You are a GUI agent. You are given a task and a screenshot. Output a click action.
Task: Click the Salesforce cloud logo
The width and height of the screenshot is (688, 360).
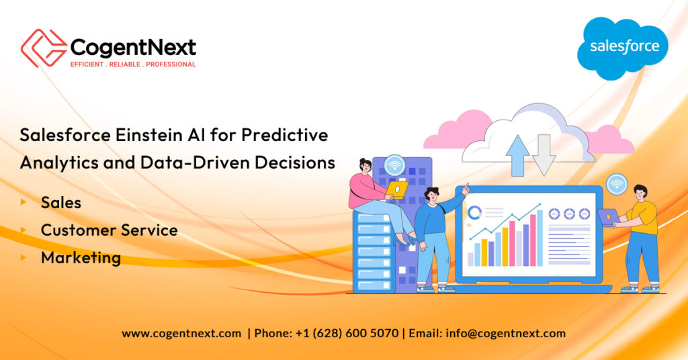(x=623, y=48)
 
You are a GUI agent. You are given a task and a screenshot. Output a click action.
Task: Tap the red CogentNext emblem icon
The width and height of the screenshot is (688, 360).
(x=44, y=48)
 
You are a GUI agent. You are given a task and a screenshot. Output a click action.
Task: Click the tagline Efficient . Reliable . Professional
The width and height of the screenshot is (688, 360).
(x=133, y=64)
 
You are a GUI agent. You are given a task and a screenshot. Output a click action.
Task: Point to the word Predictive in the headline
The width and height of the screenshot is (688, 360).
(x=285, y=135)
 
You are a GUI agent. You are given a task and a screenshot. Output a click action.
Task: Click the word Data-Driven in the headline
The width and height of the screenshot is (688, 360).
(x=196, y=163)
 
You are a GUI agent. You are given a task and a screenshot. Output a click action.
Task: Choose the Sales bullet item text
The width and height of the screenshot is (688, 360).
(x=61, y=203)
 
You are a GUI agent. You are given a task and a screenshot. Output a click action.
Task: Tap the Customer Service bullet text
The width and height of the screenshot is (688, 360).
(x=110, y=230)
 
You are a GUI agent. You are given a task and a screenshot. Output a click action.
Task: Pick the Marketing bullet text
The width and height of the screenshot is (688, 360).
(x=81, y=258)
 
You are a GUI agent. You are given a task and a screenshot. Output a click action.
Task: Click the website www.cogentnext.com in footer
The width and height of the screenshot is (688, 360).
(x=181, y=334)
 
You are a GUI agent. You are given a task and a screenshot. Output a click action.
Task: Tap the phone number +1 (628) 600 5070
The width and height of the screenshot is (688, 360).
(x=347, y=333)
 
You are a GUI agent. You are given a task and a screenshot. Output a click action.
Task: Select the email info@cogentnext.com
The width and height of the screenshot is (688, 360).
(x=505, y=334)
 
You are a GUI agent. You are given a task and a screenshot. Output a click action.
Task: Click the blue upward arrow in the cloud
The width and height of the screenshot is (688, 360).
(x=518, y=156)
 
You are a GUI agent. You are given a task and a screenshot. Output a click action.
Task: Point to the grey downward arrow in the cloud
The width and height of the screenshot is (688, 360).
(x=544, y=155)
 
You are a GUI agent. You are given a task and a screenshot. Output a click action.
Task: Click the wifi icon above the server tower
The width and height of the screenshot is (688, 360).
(x=394, y=166)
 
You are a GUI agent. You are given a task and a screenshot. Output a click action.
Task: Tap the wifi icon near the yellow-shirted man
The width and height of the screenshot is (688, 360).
(x=617, y=184)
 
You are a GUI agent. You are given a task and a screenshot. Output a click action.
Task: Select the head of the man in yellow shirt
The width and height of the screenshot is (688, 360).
(x=640, y=193)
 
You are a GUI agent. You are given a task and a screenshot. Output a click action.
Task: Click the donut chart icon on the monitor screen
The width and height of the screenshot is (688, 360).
(x=474, y=213)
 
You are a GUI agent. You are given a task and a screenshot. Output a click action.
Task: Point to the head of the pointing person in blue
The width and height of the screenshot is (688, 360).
(x=432, y=195)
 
